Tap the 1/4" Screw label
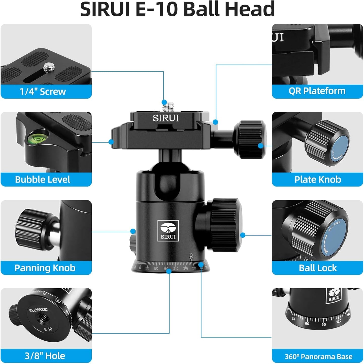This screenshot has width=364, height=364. pyautogui.click(x=43, y=92)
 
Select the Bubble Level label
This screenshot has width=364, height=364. pyautogui.click(x=43, y=179)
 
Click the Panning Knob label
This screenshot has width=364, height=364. pyautogui.click(x=45, y=268)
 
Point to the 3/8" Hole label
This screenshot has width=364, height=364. pyautogui.click(x=45, y=356)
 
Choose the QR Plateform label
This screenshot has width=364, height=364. pyautogui.click(x=317, y=91)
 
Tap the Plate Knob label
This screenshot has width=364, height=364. pyautogui.click(x=318, y=179)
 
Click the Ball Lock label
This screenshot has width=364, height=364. pyautogui.click(x=318, y=268)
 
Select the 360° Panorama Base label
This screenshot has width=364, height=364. pyautogui.click(x=318, y=356)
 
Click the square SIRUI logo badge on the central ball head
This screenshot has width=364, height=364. pyautogui.click(x=168, y=230)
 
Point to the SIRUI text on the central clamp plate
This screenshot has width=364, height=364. pyautogui.click(x=166, y=118)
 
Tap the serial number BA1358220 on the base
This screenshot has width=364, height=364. pyautogui.click(x=38, y=310)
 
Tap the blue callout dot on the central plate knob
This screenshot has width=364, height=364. pyautogui.click(x=260, y=145)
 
